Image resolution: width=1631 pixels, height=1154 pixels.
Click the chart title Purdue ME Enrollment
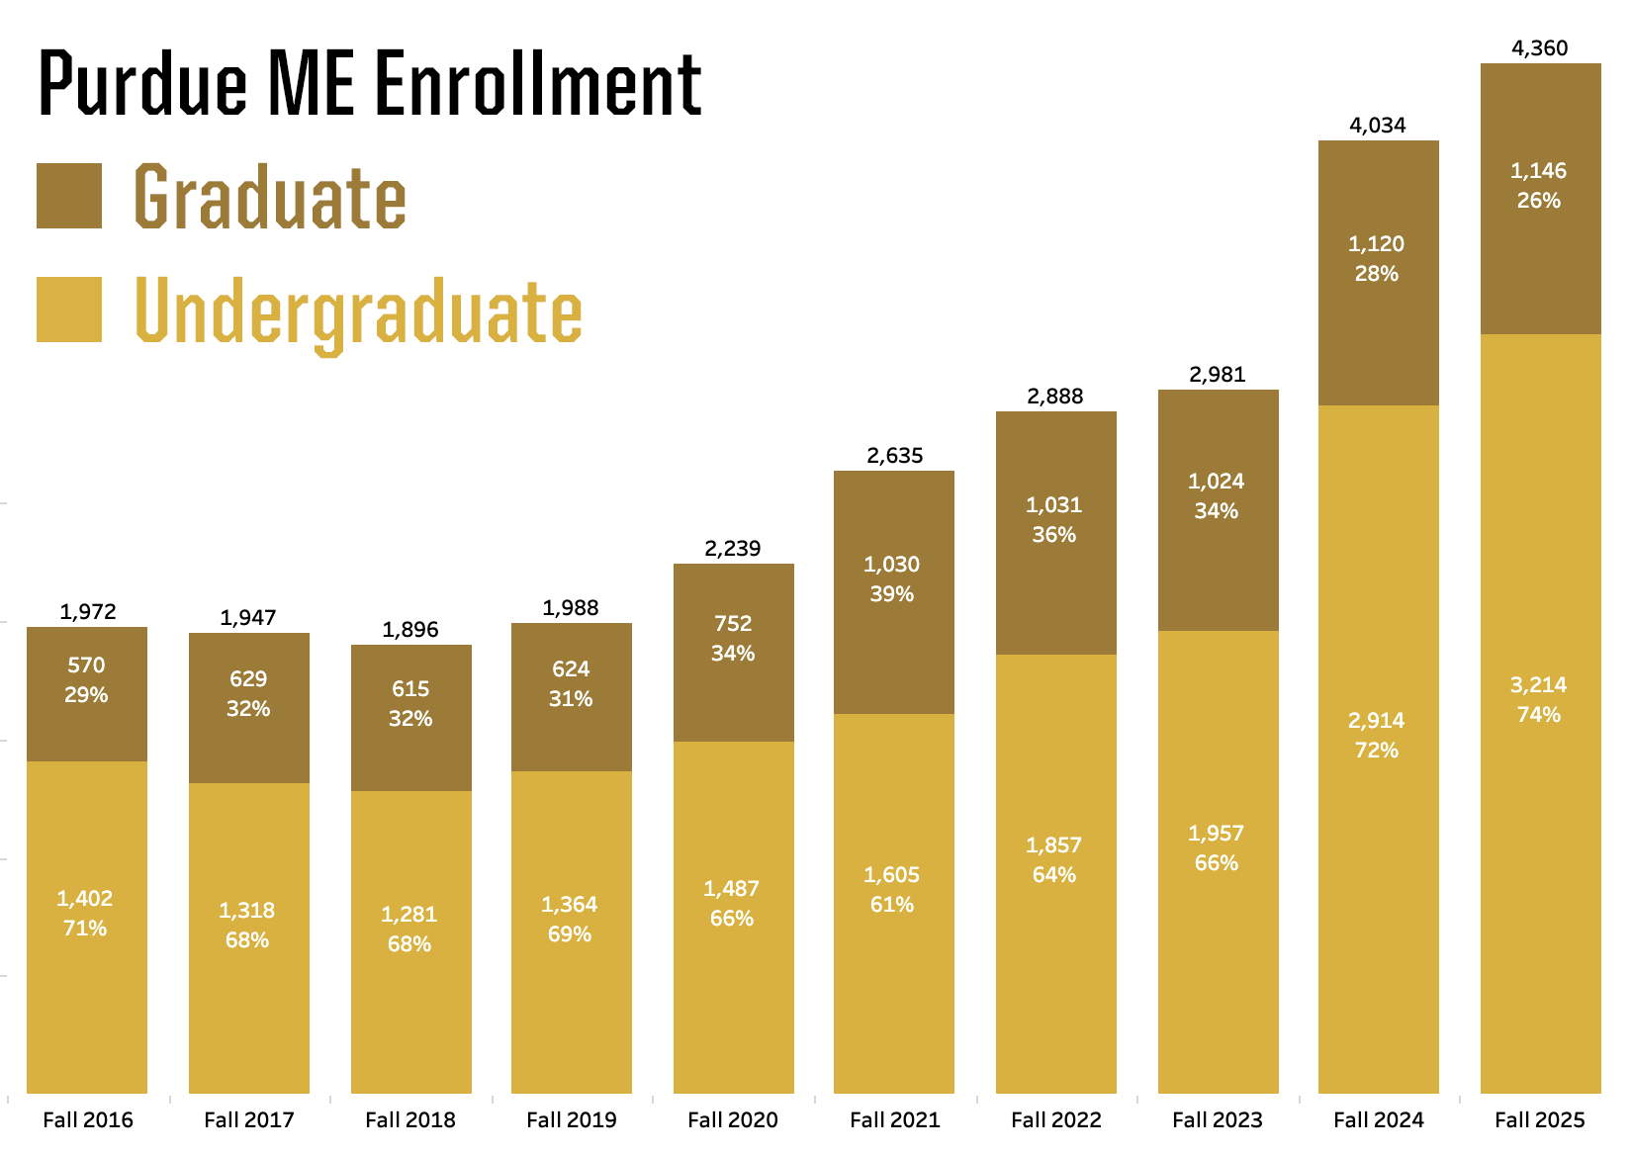click(x=370, y=83)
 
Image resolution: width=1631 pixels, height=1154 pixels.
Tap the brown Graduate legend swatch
click(x=69, y=196)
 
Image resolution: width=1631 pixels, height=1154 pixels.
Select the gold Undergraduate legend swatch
click(x=69, y=310)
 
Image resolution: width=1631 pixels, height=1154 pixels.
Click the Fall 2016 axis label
click(x=88, y=1119)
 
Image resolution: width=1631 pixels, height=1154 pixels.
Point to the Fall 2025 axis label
click(x=1539, y=1119)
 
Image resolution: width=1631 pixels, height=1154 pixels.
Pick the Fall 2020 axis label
click(x=733, y=1119)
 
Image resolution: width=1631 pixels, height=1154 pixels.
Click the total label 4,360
click(x=1540, y=48)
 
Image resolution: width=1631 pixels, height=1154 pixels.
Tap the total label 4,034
click(x=1378, y=126)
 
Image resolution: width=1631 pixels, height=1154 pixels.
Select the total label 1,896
click(x=410, y=630)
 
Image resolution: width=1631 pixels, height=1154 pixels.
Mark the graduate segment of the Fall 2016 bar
click(x=87, y=732)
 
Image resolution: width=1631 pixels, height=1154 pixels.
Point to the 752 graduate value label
click(x=733, y=624)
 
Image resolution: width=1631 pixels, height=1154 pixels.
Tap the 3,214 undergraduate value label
click(x=1539, y=685)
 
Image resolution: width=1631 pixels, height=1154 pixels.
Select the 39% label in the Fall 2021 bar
click(x=892, y=594)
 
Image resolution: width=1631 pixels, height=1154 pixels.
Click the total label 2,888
click(x=1055, y=397)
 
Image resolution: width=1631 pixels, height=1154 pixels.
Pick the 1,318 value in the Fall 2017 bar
click(x=247, y=911)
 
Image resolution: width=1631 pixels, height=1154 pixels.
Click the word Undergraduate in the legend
click(x=358, y=312)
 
